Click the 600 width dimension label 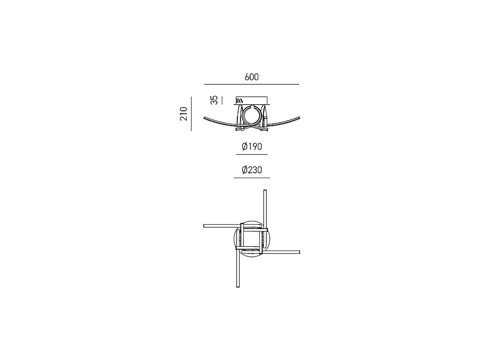click(252, 77)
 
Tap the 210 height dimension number click(183, 114)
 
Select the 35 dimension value click(214, 100)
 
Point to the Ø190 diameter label click(252, 146)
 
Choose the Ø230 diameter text click(252, 170)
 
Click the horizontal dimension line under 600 click(252, 84)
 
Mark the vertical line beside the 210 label click(192, 114)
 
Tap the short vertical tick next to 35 click(222, 100)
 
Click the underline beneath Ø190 click(252, 154)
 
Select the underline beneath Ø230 click(252, 178)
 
